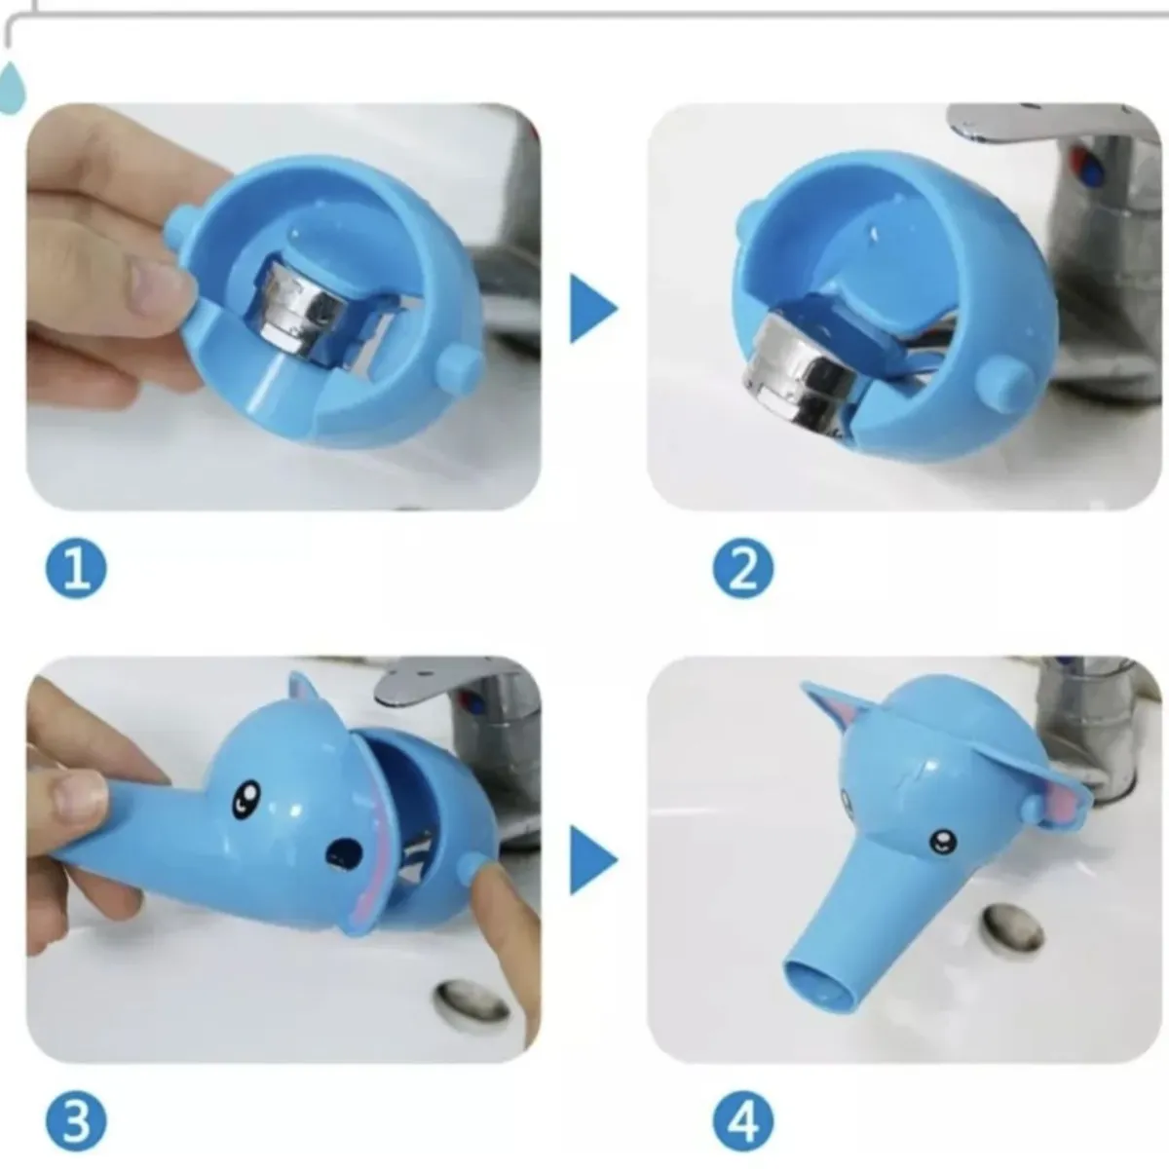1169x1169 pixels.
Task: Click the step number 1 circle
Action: click(76, 569)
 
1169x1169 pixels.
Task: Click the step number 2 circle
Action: click(742, 569)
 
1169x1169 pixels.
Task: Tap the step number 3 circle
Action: click(76, 1119)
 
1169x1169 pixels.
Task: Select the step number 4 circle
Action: click(742, 1119)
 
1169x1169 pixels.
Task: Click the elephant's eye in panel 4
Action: click(942, 839)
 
